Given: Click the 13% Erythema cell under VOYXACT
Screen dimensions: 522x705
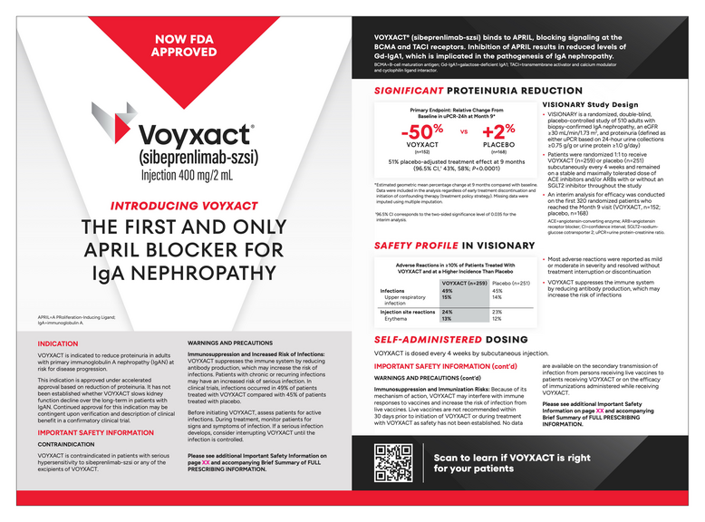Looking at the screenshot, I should coord(447,319).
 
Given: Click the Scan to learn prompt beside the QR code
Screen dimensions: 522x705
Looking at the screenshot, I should coord(510,463).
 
